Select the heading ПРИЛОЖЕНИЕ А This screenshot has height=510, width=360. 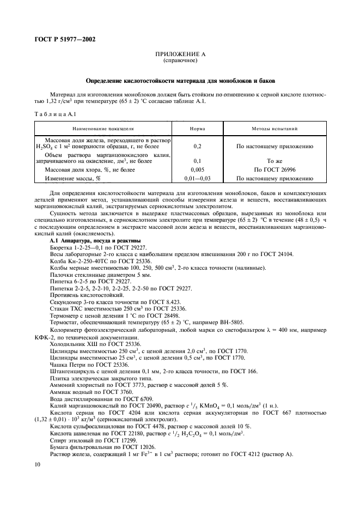(x=180, y=54)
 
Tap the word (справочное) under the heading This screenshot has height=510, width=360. (x=180, y=60)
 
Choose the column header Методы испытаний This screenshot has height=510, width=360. (x=274, y=129)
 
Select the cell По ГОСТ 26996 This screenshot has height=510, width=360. (x=274, y=169)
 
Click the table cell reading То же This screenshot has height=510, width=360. (x=274, y=161)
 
